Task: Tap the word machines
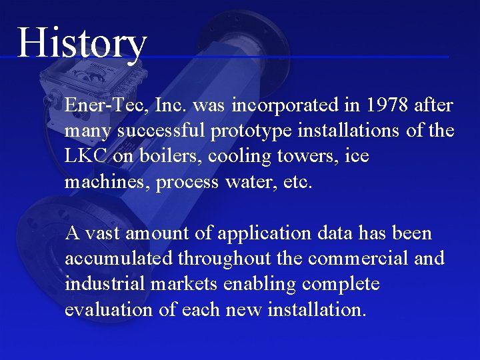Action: [x=107, y=182]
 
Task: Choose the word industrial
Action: [x=105, y=284]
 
